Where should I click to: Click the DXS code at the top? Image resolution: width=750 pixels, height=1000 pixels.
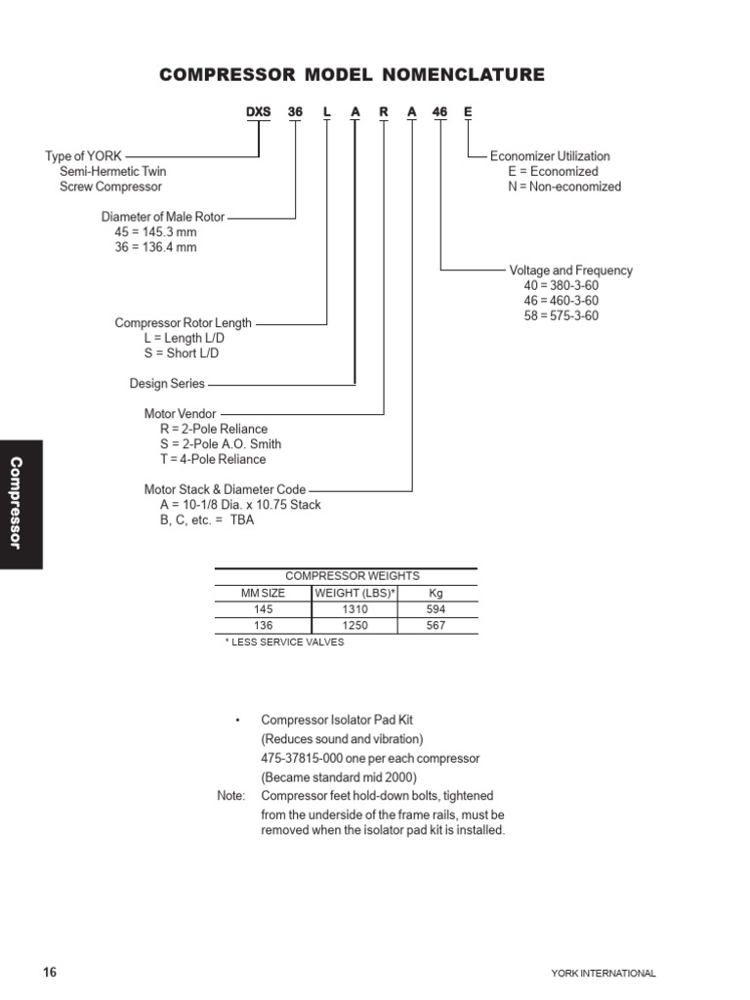pyautogui.click(x=258, y=112)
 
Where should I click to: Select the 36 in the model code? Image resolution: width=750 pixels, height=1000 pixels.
pyautogui.click(x=295, y=112)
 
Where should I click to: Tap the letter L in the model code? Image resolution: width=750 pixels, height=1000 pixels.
pyautogui.click(x=327, y=112)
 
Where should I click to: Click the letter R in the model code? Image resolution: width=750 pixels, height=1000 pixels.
pyautogui.click(x=384, y=112)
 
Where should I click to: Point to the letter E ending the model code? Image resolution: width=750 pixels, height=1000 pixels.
pyautogui.click(x=468, y=112)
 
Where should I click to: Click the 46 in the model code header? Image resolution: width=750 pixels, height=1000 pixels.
pyautogui.click(x=440, y=112)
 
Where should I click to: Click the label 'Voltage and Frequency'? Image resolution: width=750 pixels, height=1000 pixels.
pyautogui.click(x=570, y=271)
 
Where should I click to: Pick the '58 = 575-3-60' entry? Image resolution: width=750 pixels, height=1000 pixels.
pyautogui.click(x=562, y=315)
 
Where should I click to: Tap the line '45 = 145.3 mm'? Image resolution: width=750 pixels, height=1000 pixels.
pyautogui.click(x=155, y=232)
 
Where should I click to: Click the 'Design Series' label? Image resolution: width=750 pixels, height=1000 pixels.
pyautogui.click(x=167, y=384)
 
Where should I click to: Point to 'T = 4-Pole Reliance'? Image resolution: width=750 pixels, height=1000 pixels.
pyautogui.click(x=213, y=459)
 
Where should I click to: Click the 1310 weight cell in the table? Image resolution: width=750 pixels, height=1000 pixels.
pyautogui.click(x=354, y=608)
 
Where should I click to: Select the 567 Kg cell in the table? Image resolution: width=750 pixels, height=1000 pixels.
pyautogui.click(x=436, y=625)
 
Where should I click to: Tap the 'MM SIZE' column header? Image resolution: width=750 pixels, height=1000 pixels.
pyautogui.click(x=263, y=593)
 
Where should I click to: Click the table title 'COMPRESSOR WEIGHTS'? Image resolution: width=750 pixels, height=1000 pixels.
pyautogui.click(x=352, y=576)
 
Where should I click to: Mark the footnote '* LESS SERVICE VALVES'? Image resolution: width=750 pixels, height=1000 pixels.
pyautogui.click(x=284, y=642)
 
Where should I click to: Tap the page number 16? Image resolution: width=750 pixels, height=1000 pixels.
pyautogui.click(x=50, y=972)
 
